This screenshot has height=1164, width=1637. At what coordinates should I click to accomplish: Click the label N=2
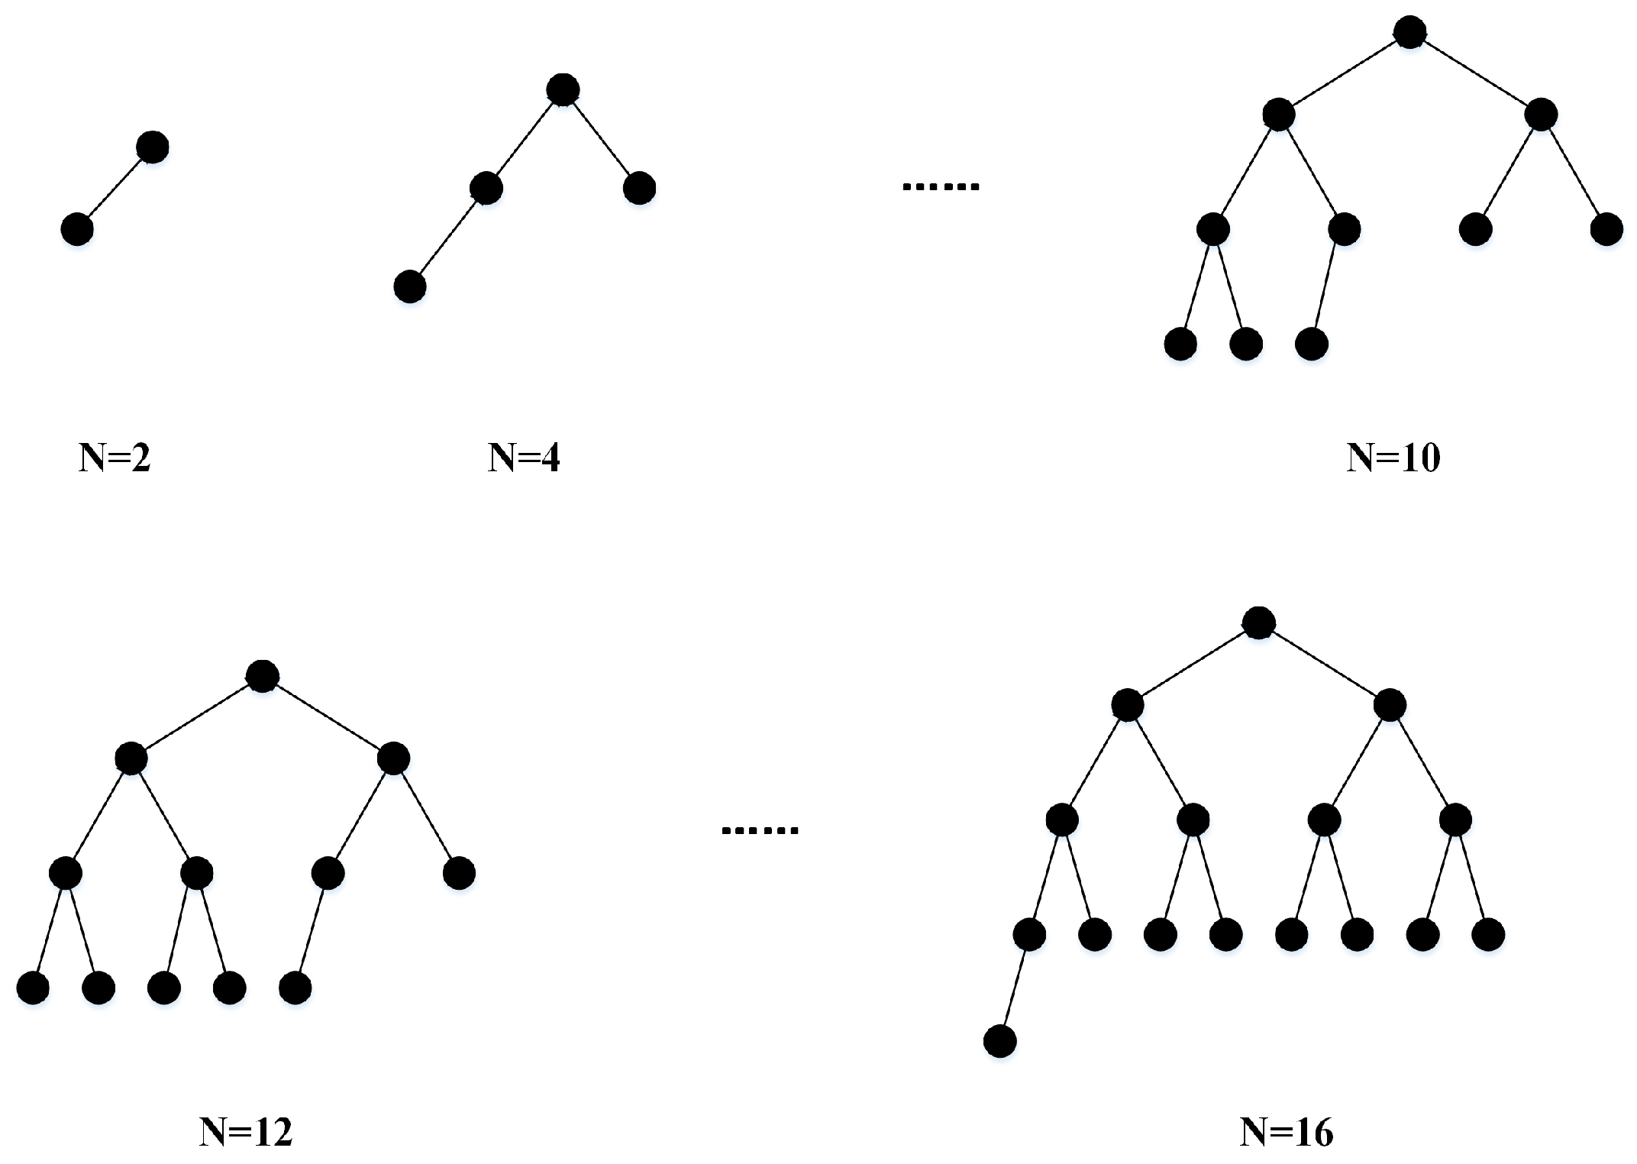pyautogui.click(x=115, y=458)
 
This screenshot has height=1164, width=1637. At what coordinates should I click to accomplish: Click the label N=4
pyautogui.click(x=524, y=458)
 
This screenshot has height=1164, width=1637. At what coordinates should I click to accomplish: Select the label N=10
pyautogui.click(x=1393, y=458)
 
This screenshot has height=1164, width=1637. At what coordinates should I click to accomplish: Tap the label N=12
pyautogui.click(x=246, y=1132)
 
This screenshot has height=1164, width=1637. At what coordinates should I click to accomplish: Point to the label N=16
pyautogui.click(x=1287, y=1132)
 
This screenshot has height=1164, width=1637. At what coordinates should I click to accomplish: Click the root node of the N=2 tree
pyautogui.click(x=153, y=147)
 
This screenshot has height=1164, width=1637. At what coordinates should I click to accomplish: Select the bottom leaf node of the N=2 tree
pyautogui.click(x=76, y=229)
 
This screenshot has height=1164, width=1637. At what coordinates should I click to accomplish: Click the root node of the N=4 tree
pyautogui.click(x=563, y=90)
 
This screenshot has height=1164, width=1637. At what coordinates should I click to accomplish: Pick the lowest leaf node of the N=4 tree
pyautogui.click(x=410, y=287)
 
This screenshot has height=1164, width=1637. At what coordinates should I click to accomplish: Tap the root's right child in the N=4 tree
pyautogui.click(x=639, y=189)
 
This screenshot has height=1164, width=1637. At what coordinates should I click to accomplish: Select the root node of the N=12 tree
pyautogui.click(x=262, y=677)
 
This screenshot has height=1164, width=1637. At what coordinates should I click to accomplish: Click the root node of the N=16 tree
pyautogui.click(x=1258, y=623)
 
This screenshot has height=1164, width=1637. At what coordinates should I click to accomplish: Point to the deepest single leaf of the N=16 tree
pyautogui.click(x=1000, y=1041)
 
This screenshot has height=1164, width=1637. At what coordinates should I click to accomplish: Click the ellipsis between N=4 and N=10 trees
pyautogui.click(x=941, y=186)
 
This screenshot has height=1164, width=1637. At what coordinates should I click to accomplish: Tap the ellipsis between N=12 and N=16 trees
pyautogui.click(x=760, y=830)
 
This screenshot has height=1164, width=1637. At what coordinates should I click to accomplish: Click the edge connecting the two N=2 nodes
pyautogui.click(x=115, y=188)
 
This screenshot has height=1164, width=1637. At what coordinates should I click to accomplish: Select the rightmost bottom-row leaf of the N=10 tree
pyautogui.click(x=1312, y=344)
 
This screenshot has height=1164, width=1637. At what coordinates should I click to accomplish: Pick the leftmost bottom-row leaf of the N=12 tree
pyautogui.click(x=33, y=988)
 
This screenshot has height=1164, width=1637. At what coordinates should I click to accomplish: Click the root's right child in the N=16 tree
pyautogui.click(x=1390, y=706)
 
